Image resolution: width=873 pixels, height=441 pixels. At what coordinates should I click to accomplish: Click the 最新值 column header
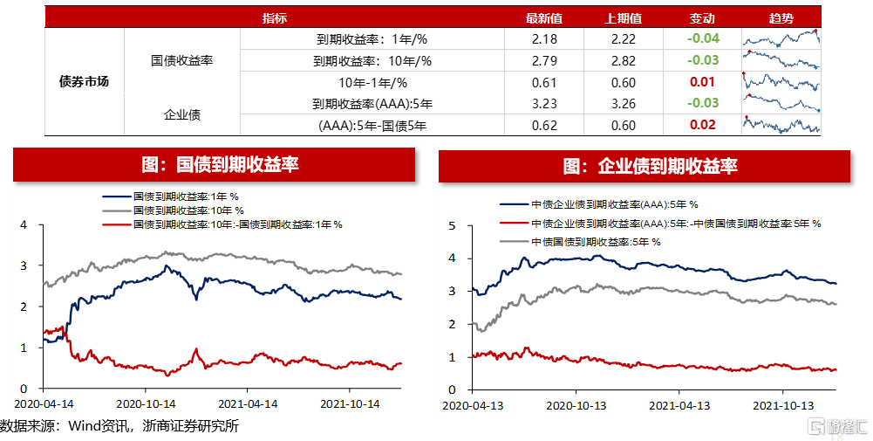(x=543, y=18)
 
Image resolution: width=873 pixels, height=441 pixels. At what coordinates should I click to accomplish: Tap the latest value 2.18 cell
(x=543, y=39)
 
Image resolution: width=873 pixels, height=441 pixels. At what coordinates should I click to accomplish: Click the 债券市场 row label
(x=84, y=82)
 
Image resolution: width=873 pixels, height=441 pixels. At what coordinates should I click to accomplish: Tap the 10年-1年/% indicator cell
(x=372, y=82)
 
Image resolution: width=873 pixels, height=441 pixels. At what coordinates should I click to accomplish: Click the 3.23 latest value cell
(x=543, y=104)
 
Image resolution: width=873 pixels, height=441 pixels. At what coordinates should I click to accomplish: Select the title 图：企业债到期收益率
(x=650, y=166)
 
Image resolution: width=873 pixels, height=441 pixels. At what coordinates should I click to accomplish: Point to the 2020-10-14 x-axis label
(x=147, y=404)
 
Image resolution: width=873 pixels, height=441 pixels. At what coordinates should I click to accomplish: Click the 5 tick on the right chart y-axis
(x=452, y=226)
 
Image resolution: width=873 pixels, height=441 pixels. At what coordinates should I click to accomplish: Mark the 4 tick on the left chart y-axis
(x=24, y=224)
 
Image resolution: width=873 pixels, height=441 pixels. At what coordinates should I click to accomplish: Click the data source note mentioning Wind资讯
(x=119, y=426)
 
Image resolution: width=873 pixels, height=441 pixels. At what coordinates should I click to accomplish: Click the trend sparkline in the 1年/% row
(x=781, y=39)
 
